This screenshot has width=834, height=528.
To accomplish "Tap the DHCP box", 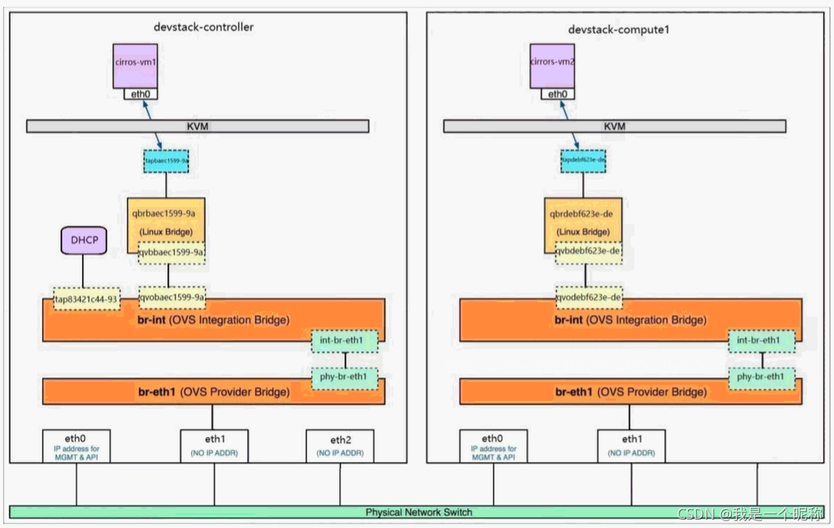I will pyautogui.click(x=84, y=241).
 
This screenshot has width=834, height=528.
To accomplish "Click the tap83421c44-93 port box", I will pyautogui.click(x=86, y=299).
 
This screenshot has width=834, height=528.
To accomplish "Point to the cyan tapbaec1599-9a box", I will pyautogui.click(x=166, y=161).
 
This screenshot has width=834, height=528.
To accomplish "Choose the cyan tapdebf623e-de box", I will pyautogui.click(x=583, y=161).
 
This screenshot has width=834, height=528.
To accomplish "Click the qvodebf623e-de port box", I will pyautogui.click(x=590, y=298).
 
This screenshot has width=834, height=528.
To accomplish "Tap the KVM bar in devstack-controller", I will pyautogui.click(x=198, y=126).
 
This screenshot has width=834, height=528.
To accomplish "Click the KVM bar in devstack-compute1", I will pyautogui.click(x=615, y=126).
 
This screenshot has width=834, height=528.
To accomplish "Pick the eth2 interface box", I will pyautogui.click(x=340, y=446).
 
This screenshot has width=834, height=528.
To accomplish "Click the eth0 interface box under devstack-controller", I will pyautogui.click(x=76, y=446).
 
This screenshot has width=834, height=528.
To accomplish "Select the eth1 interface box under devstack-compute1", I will pyautogui.click(x=631, y=446).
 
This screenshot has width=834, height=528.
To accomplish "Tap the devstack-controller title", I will pyautogui.click(x=203, y=27).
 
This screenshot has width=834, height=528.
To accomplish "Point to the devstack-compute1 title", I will pyautogui.click(x=619, y=30).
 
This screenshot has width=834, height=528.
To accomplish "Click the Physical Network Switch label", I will pyautogui.click(x=419, y=512).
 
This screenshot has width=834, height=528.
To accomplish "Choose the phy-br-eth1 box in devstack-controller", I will pyautogui.click(x=344, y=377).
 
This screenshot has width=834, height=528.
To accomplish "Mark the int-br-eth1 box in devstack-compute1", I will pyautogui.click(x=761, y=340).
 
